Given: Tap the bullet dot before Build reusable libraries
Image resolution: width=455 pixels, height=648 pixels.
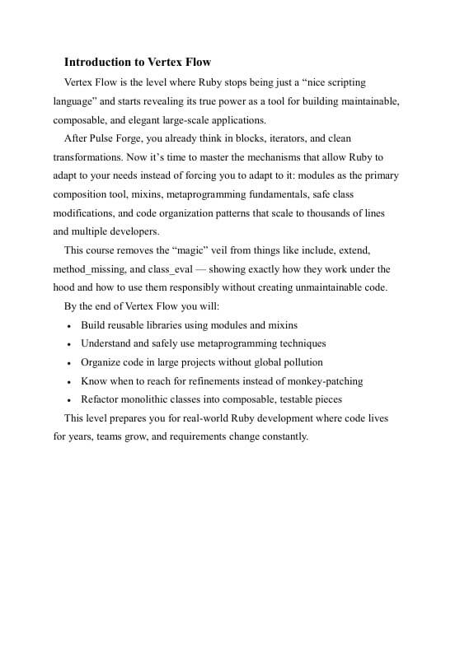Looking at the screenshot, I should [68, 326].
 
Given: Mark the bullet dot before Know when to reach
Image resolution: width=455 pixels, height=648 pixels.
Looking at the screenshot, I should [68, 382].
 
